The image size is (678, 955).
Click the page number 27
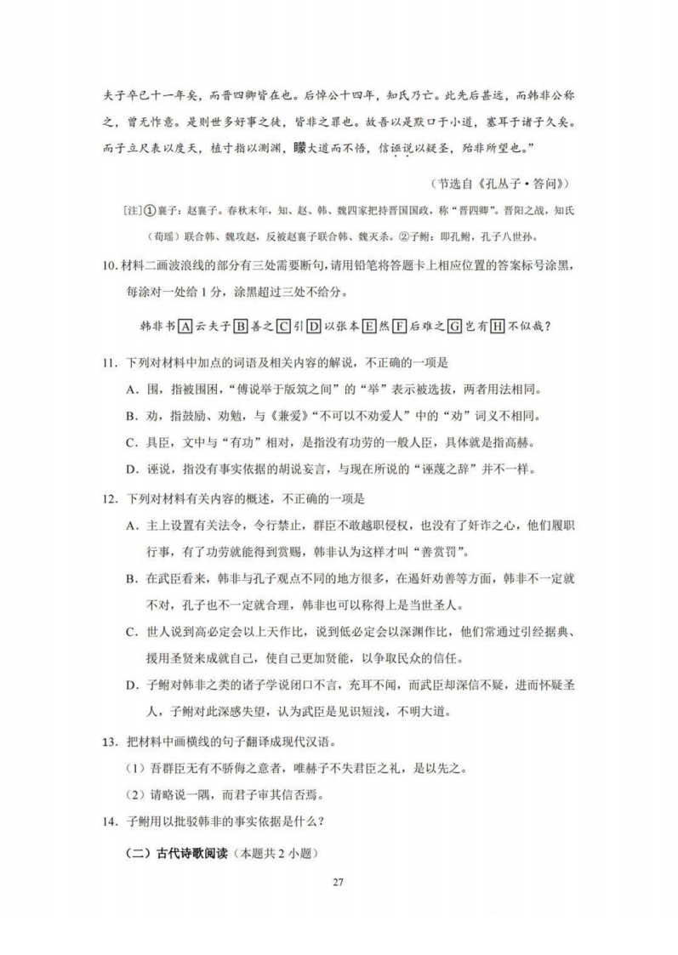tap(339, 882)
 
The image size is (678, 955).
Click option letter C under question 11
tap(131, 443)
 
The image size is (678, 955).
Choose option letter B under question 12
tap(131, 578)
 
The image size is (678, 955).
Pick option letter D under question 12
tap(131, 686)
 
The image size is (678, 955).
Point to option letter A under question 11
tap(131, 389)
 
